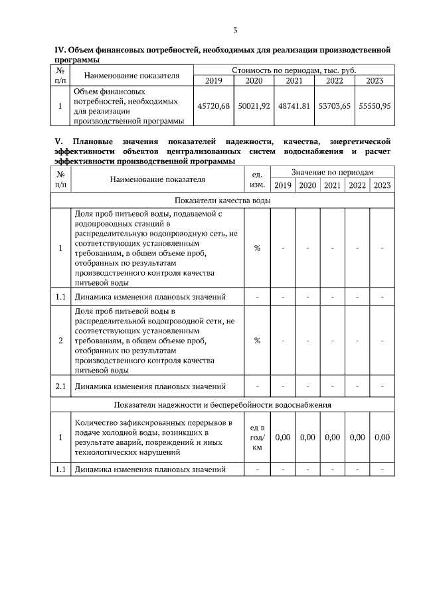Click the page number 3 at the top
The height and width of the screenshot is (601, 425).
(x=235, y=30)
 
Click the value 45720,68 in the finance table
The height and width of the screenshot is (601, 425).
(x=213, y=106)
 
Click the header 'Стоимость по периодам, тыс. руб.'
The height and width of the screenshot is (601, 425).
(x=294, y=70)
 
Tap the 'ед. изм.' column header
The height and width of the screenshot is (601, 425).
(x=258, y=179)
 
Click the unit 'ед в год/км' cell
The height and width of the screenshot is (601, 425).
(x=258, y=438)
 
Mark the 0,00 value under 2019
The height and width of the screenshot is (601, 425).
(x=283, y=438)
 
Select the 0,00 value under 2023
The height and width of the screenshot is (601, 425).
(x=382, y=438)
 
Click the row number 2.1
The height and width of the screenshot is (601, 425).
(x=60, y=386)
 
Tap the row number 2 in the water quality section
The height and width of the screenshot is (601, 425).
(x=60, y=341)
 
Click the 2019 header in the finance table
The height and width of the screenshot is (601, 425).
(x=213, y=81)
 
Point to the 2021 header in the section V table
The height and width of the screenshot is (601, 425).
(x=332, y=185)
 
